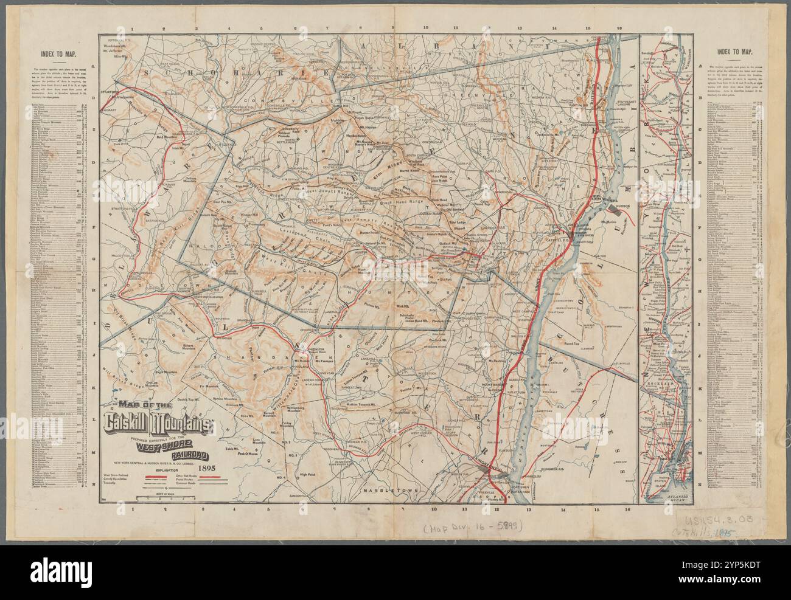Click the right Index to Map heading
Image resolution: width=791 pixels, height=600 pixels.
pos(733,53)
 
